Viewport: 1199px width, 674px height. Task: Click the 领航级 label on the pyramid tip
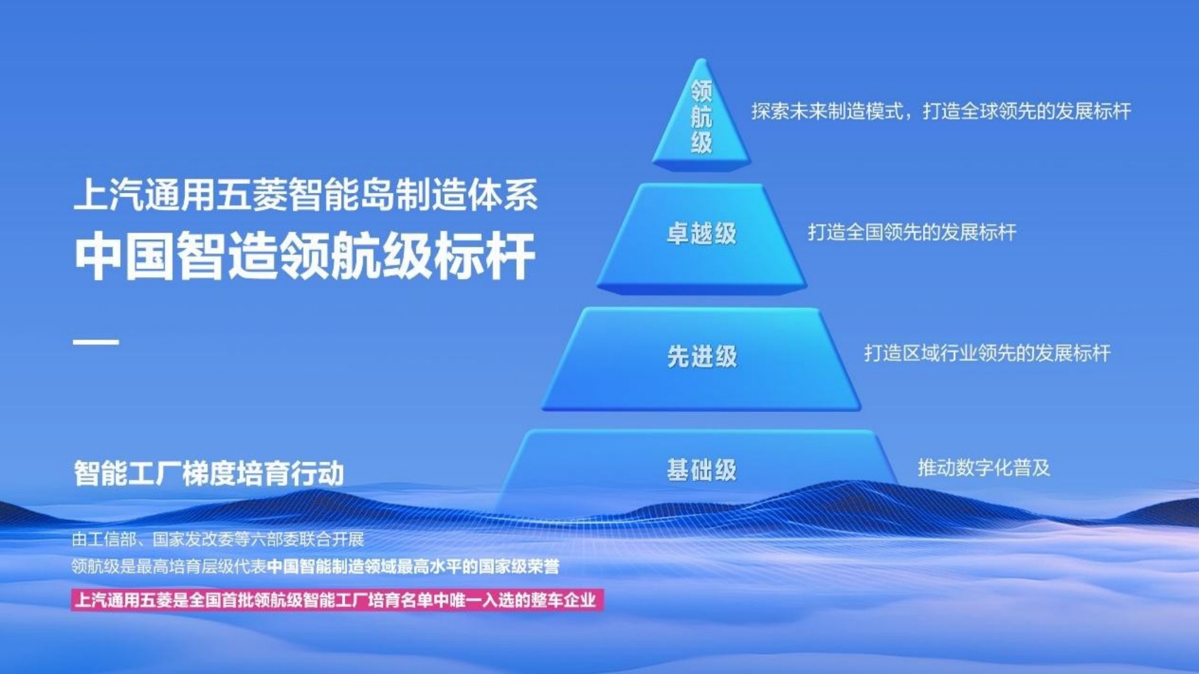tap(701, 117)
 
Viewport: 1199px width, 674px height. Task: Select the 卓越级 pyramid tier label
tap(702, 234)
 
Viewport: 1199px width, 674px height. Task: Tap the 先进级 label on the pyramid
tap(702, 357)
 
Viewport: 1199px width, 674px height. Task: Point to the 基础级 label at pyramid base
tap(702, 470)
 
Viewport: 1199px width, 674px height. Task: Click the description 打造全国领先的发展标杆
tap(912, 232)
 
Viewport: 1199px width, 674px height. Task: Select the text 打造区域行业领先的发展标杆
tap(987, 353)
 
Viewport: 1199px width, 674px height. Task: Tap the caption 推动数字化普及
tap(984, 468)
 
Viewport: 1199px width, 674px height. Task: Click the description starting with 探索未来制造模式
tap(941, 111)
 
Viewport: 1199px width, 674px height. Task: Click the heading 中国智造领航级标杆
tap(305, 256)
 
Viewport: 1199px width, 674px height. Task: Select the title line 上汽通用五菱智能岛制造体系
tap(305, 194)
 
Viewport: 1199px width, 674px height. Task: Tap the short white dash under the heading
tap(96, 342)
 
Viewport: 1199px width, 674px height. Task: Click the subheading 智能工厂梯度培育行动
tap(209, 473)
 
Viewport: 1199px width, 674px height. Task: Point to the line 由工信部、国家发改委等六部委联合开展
tap(218, 539)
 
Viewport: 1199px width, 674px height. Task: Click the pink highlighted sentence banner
tap(337, 600)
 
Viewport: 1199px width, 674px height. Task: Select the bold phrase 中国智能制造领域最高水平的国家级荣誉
tap(413, 567)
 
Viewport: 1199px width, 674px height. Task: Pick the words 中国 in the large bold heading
tap(124, 256)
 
